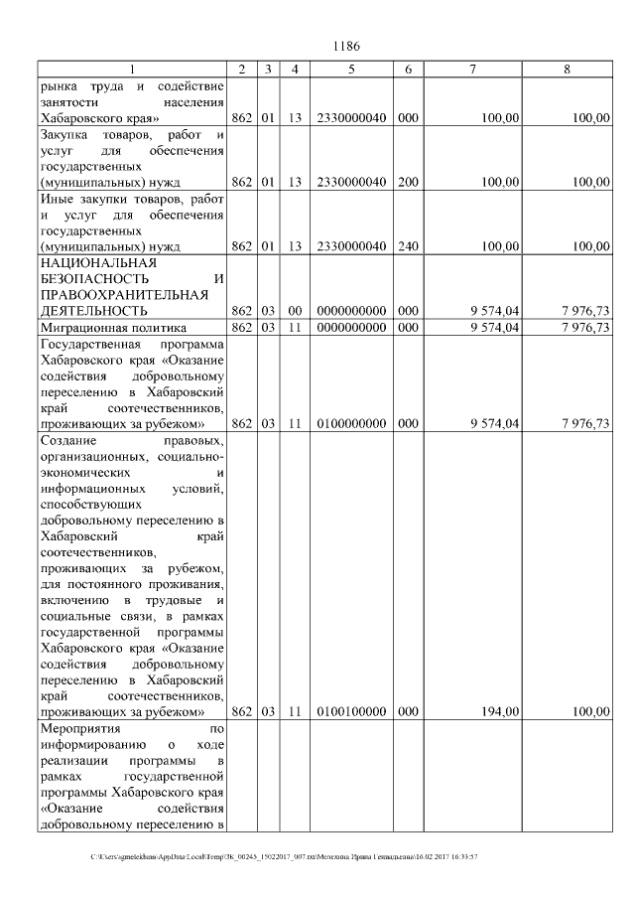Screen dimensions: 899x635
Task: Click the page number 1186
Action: tap(346, 46)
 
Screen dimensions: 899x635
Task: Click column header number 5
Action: tap(351, 69)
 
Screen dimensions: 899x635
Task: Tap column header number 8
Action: tap(567, 69)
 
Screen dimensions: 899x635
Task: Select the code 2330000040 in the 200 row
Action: tap(351, 182)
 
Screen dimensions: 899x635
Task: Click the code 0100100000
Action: tap(351, 711)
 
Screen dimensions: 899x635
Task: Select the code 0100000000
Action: tap(351, 424)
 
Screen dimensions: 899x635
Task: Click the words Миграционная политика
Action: tap(104, 327)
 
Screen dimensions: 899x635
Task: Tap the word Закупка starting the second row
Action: tap(68, 134)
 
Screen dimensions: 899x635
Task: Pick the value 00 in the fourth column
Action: tap(295, 311)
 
